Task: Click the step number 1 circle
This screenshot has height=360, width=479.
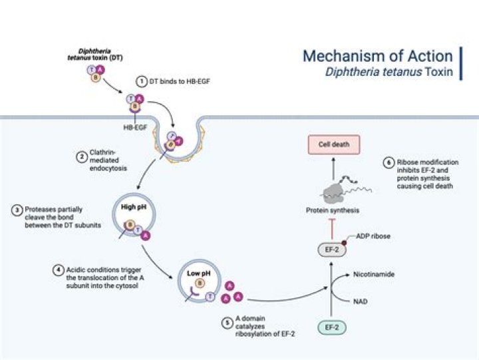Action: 142,81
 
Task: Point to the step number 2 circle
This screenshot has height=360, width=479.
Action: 81,158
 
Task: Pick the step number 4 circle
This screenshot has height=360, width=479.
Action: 59,271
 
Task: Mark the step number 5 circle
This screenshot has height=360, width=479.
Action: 228,323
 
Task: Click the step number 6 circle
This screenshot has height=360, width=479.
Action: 389,162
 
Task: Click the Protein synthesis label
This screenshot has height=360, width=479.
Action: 333,211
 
